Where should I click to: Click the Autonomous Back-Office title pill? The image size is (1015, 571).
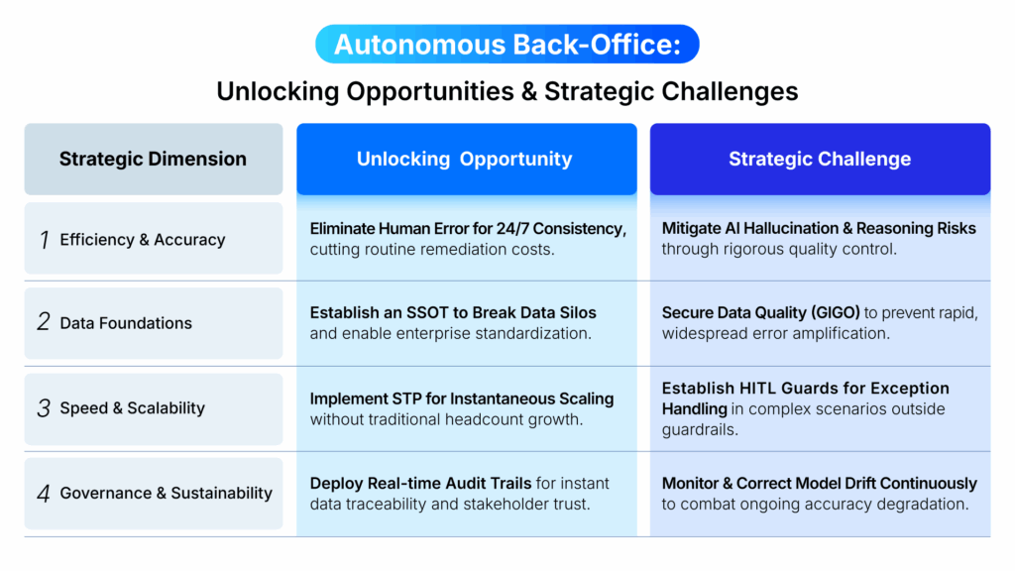tap(507, 45)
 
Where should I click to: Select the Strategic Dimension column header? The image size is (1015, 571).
tap(153, 159)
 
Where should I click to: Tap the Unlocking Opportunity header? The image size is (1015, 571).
tap(465, 159)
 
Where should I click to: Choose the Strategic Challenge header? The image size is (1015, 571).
tap(820, 159)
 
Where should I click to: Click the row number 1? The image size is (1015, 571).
tap(44, 240)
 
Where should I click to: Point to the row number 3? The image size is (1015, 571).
tap(44, 408)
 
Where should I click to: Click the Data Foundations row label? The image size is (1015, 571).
tap(126, 323)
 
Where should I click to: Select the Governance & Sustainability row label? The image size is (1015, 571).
tap(166, 493)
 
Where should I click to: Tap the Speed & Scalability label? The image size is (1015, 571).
tap(132, 408)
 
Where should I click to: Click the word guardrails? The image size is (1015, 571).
tap(700, 429)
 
